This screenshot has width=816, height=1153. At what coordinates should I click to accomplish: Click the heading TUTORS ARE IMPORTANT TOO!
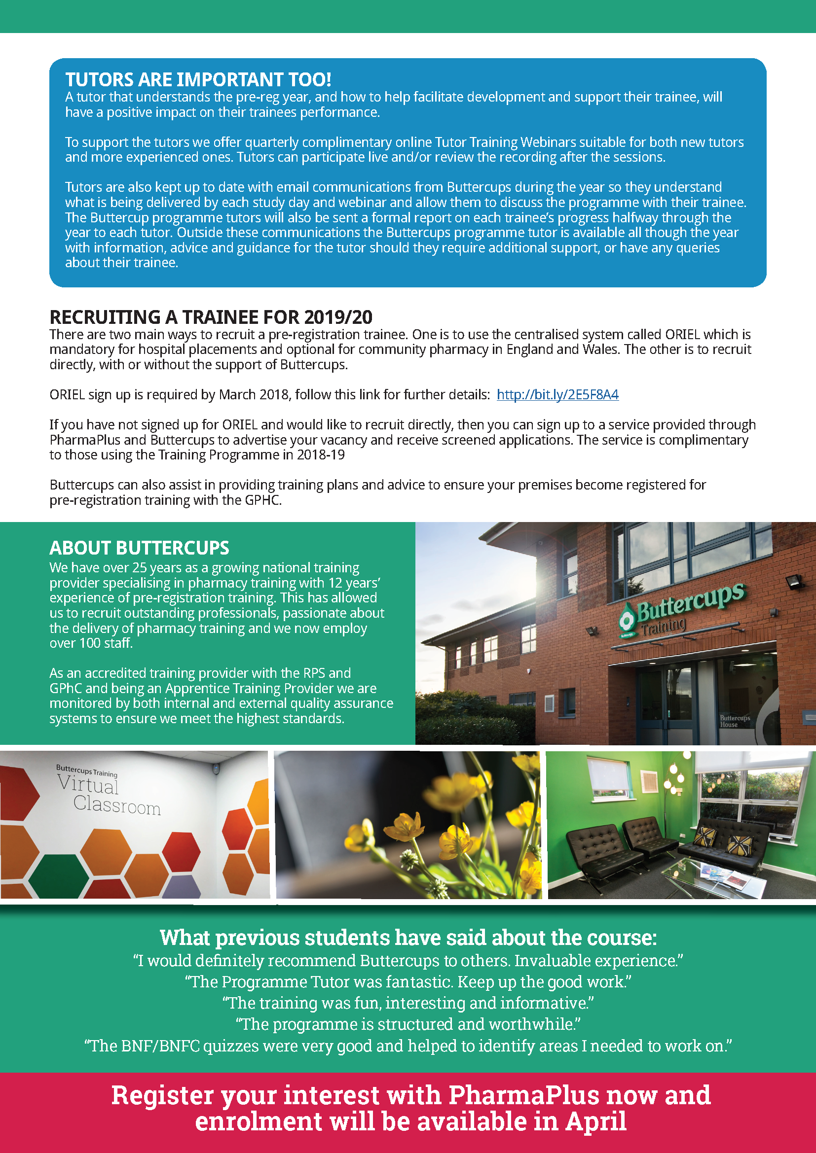pos(198,79)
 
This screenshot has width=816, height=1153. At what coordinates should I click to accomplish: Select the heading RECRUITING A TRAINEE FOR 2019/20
pos(211,317)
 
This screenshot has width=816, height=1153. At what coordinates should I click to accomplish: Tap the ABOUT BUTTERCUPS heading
pos(139,548)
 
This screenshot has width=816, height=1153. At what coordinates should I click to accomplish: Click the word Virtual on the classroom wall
pos(88,784)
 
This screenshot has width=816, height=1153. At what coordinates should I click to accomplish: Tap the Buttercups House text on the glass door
pos(734,721)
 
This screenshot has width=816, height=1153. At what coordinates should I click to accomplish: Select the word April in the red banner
pos(596,1122)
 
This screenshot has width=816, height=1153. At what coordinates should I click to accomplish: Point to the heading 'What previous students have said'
pos(408,938)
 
